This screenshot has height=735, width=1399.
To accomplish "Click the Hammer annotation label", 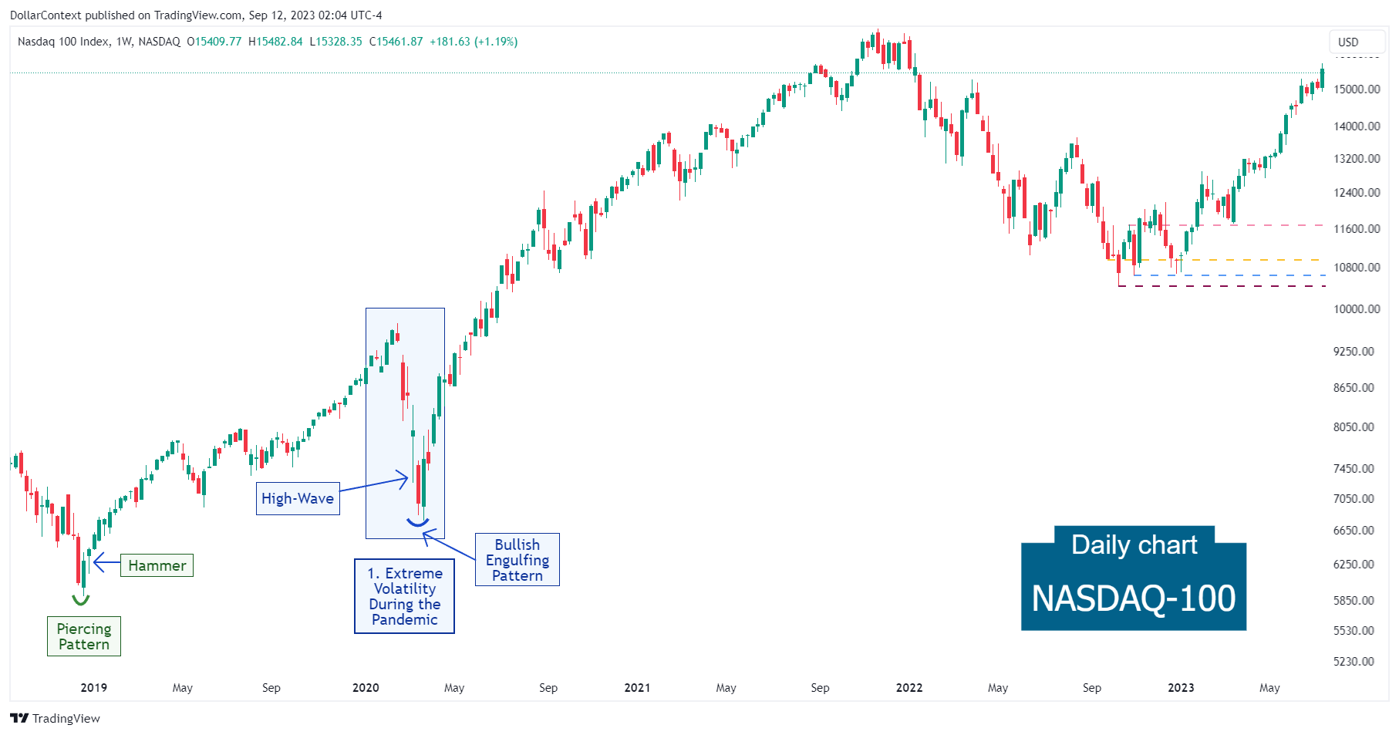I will [x=157, y=565].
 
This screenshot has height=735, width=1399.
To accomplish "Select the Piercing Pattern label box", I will [x=84, y=636].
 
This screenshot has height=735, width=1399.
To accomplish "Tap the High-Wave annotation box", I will [x=298, y=498].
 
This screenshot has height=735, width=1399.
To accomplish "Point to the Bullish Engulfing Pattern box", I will [x=517, y=560].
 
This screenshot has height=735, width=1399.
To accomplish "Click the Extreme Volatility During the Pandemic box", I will [x=405, y=596].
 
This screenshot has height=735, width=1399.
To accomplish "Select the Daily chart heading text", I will [x=1134, y=545].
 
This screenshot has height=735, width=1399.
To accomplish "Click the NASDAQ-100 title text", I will [x=1134, y=598].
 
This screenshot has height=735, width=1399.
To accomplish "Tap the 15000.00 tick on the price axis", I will [x=1357, y=89].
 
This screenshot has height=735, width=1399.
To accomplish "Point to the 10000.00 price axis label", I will [x=1357, y=309].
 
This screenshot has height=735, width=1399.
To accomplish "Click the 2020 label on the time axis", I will [x=366, y=688].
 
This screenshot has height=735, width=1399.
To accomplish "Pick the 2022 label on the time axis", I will [x=909, y=688].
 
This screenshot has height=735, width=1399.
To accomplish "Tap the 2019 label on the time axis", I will [x=94, y=688].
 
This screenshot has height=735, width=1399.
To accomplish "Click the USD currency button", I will [x=1348, y=42].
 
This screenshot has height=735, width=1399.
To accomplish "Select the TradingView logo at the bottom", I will [x=56, y=718].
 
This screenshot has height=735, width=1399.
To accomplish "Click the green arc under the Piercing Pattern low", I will [x=80, y=600].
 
